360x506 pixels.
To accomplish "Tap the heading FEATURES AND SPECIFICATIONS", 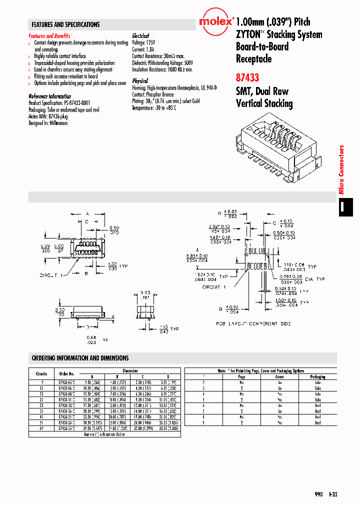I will pyautogui.click(x=65, y=24).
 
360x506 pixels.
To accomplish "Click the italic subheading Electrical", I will pyautogui.click(x=140, y=36).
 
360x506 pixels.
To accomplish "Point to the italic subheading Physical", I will pyautogui.click(x=140, y=80).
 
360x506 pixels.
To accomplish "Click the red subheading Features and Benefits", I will pyautogui.click(x=49, y=36).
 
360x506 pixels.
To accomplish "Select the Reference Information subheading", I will pyautogui.click(x=50, y=96).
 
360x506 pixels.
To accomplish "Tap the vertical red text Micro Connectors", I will pyautogui.click(x=342, y=169).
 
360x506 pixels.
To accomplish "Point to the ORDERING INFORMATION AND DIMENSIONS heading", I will pyautogui.click(x=80, y=358).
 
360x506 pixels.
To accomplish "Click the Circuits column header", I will pyautogui.click(x=41, y=373).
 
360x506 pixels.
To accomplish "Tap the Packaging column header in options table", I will pyautogui.click(x=317, y=376).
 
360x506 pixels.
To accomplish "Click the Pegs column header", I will pyautogui.click(x=241, y=376).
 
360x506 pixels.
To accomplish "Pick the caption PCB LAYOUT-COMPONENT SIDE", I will pyautogui.click(x=253, y=323).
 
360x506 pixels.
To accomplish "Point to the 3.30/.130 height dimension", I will pyautogui.click(x=60, y=312).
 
